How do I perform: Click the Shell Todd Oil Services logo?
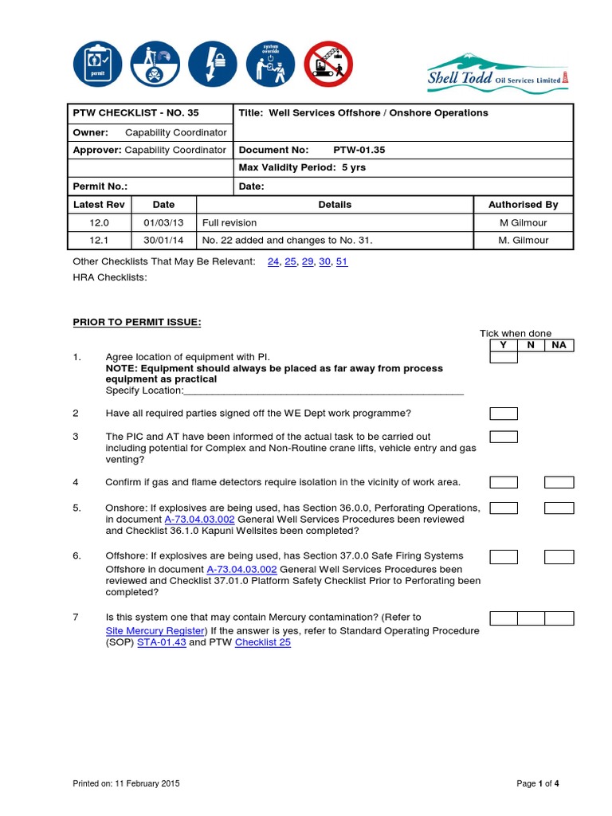tap(497, 70)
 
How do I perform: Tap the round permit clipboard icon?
tap(97, 65)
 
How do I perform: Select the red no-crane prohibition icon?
tap(329, 65)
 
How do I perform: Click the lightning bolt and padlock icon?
tap(214, 65)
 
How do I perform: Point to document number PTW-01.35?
tap(352, 150)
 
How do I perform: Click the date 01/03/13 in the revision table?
tap(163, 222)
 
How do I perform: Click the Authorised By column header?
tap(523, 205)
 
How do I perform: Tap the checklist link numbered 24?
tap(273, 261)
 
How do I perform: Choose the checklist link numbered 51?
tap(342, 261)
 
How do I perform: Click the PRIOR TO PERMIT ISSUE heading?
tap(137, 322)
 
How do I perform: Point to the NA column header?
tap(559, 345)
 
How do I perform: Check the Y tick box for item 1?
tap(503, 358)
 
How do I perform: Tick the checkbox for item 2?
tap(503, 414)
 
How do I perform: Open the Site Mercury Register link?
tap(156, 630)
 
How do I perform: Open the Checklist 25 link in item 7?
tap(262, 642)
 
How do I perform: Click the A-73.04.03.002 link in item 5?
tap(199, 520)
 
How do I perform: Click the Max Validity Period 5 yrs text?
tap(302, 168)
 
